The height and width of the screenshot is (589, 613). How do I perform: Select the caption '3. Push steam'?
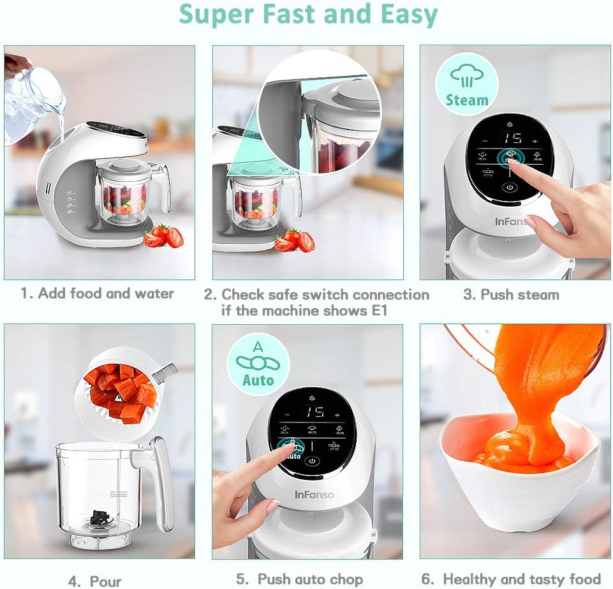511,294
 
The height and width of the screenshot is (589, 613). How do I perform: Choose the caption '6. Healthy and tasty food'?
511,579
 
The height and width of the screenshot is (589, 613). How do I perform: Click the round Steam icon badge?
466,84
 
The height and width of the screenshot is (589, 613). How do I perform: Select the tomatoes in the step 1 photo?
163,237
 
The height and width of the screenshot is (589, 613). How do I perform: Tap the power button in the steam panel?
509,188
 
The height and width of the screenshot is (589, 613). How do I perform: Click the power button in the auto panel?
311,461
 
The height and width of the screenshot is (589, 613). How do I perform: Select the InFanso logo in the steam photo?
513,221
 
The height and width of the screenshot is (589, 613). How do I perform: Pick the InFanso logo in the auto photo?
314,495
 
